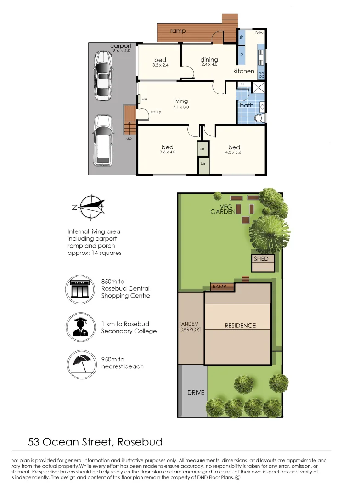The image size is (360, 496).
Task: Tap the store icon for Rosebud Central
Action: tap(80, 288)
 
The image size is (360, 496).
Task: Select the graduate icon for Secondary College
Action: tap(80, 327)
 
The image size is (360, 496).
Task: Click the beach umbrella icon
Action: tap(80, 362)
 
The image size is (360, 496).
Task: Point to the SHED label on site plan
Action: tap(261, 259)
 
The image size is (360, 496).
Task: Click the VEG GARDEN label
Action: tap(223, 209)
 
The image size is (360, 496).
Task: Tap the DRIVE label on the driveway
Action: tap(195, 393)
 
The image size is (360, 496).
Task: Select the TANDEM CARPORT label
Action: tap(190, 327)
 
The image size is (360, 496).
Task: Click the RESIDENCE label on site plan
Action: tap(240, 326)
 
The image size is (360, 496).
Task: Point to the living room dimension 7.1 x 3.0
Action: tap(180, 107)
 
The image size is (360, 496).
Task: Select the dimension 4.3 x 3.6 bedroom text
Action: tap(234, 152)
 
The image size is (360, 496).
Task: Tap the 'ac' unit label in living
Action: tap(144, 98)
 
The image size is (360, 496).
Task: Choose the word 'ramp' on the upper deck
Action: tap(178, 31)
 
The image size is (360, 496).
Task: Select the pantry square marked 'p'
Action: tap(242, 54)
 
